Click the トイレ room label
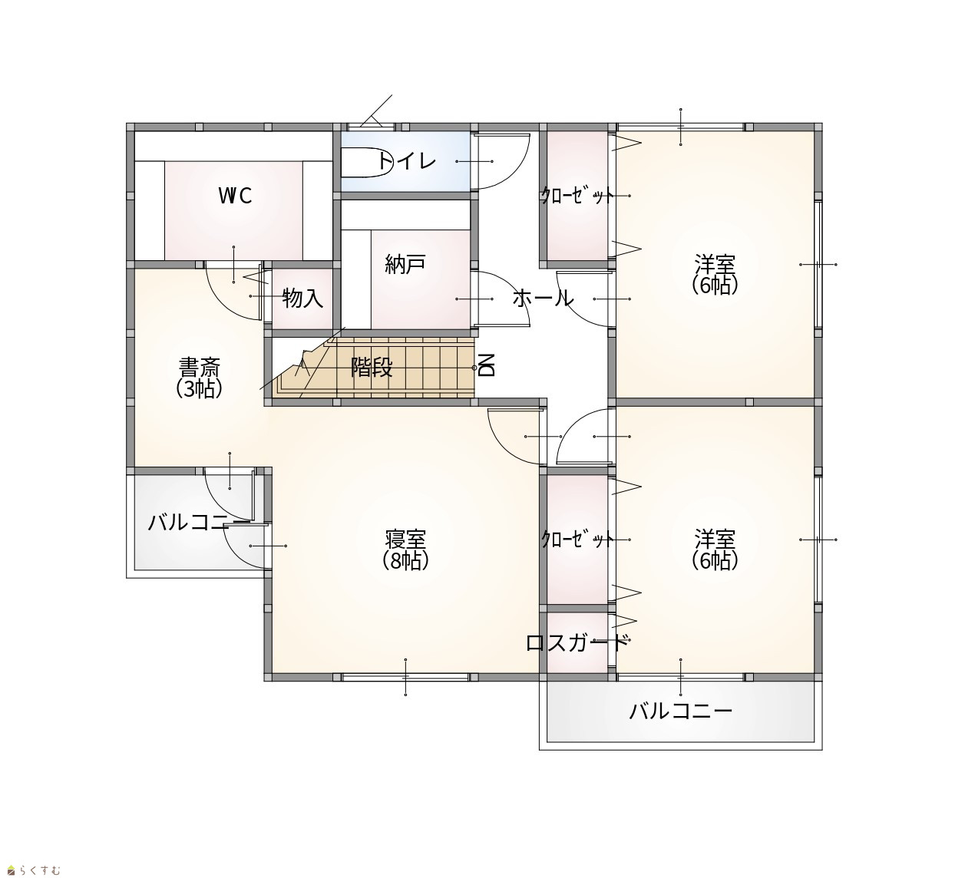[406, 160]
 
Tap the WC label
[235, 196]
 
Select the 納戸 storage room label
[405, 264]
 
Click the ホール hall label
[543, 299]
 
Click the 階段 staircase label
[372, 368]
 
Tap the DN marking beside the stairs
[487, 365]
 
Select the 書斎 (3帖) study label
[199, 378]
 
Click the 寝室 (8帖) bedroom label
[405, 550]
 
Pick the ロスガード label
[577, 642]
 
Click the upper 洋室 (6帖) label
[715, 274]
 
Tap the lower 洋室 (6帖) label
[715, 550]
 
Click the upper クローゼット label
[577, 196]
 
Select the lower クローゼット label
[577, 539]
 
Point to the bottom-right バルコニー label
[681, 711]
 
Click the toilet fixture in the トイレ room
[366, 163]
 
